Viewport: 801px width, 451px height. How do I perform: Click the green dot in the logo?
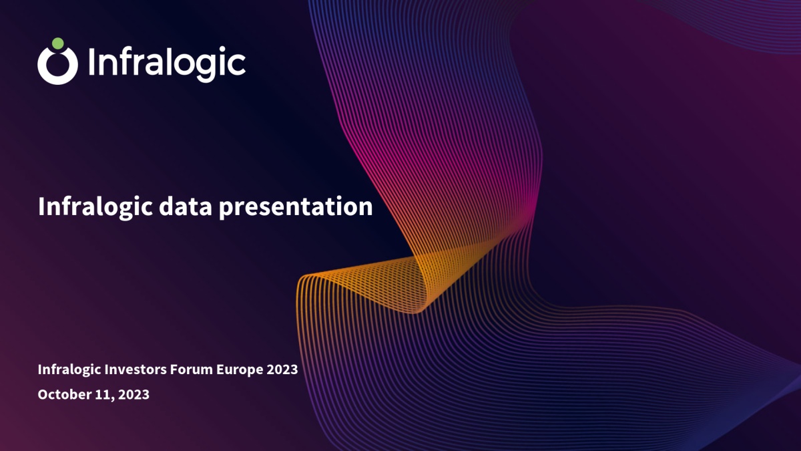click(x=57, y=43)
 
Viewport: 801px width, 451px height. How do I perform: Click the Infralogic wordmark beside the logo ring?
click(x=167, y=63)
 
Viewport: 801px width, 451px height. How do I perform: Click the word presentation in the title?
click(x=296, y=208)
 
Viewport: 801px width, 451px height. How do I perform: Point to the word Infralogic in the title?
click(x=95, y=208)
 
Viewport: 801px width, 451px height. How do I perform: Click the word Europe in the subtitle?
click(x=239, y=369)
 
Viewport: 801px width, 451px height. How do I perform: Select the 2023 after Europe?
click(x=282, y=369)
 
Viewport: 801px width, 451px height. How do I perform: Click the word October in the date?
click(x=64, y=394)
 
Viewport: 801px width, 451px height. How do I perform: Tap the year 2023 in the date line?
click(x=133, y=394)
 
